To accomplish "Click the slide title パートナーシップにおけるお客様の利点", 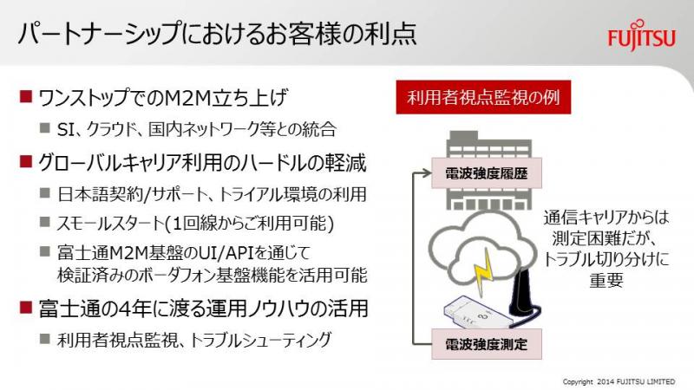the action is [x=218, y=33].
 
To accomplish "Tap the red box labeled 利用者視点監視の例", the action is [x=483, y=97].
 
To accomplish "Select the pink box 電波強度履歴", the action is [x=487, y=172].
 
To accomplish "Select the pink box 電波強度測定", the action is [x=487, y=344].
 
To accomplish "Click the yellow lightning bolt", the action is [x=484, y=273].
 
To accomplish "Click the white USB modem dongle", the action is [x=475, y=313].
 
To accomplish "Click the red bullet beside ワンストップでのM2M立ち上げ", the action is [x=26, y=97].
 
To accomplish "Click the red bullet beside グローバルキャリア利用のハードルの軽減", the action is [x=26, y=162].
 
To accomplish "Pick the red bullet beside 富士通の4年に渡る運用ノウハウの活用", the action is [x=26, y=308].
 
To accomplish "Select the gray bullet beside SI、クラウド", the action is [x=45, y=128].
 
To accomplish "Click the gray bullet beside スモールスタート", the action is [x=45, y=222].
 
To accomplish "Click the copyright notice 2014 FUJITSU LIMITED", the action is [x=636, y=381].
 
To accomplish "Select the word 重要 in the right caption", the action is [x=606, y=280].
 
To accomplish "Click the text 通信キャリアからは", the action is [x=606, y=218].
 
